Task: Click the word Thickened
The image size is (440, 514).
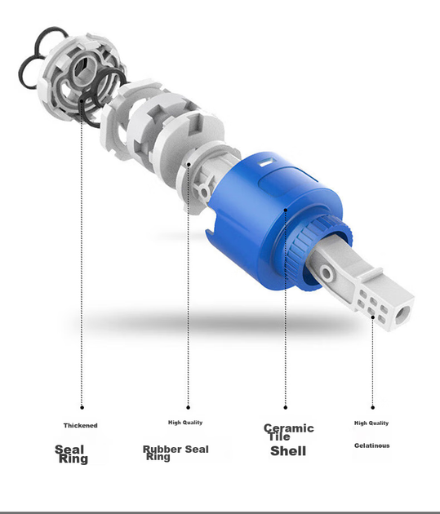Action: coord(80,426)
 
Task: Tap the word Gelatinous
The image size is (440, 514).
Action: coord(371,445)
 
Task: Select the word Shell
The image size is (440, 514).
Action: coord(288,451)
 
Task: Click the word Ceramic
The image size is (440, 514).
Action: coord(289,428)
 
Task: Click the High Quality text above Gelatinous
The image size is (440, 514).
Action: coord(371,423)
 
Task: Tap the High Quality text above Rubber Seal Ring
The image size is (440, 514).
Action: coord(185,423)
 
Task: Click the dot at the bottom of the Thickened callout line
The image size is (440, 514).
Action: coord(82,407)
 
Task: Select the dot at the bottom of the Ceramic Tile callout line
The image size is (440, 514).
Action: coord(285,407)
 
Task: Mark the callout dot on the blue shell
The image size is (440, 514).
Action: coord(286,210)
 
